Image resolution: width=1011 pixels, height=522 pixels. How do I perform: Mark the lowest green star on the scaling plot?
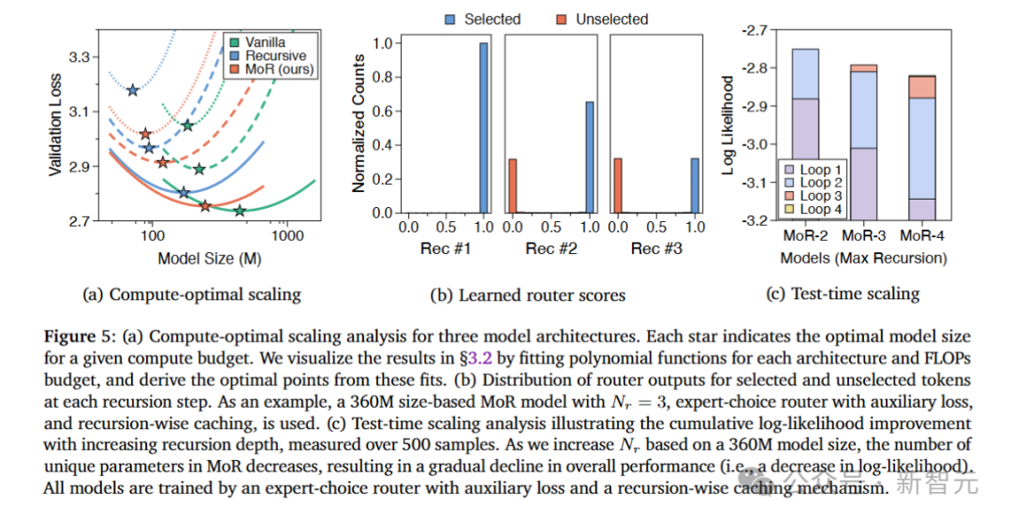click(x=240, y=211)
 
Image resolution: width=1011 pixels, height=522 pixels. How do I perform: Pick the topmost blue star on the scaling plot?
click(x=133, y=90)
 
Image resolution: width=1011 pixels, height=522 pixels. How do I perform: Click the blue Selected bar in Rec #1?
click(x=484, y=127)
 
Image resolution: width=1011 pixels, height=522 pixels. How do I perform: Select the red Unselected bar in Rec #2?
click(x=512, y=186)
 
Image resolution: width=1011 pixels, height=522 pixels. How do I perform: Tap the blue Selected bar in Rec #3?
click(x=694, y=186)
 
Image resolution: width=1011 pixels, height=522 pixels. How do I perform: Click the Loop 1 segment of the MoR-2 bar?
click(x=805, y=158)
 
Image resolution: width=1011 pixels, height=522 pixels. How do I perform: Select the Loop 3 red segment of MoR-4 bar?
click(x=921, y=87)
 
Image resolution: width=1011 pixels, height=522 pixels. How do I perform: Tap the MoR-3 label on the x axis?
click(x=863, y=238)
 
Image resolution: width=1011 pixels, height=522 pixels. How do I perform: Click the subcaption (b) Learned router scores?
click(x=527, y=294)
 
